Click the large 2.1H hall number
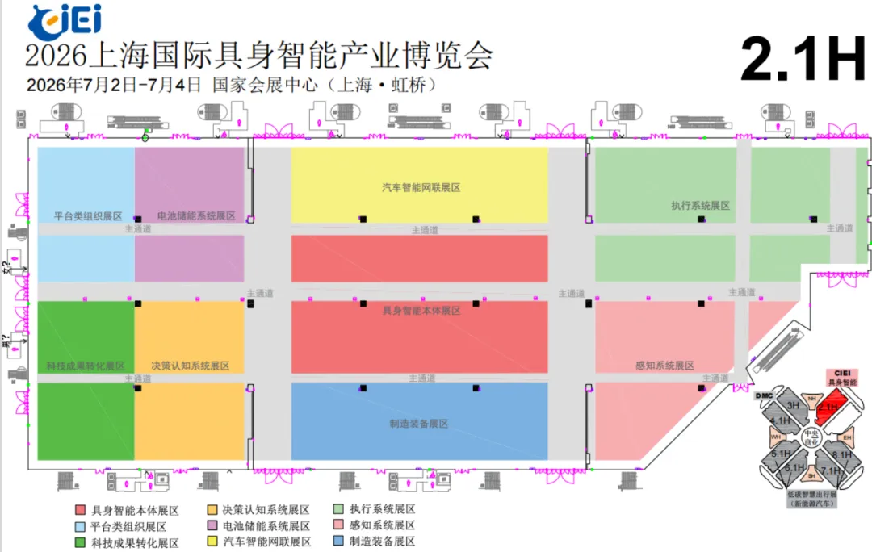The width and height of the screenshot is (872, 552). point(802,60)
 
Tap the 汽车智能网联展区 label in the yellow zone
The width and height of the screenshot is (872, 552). point(421,188)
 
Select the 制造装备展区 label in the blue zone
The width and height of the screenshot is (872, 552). point(418,424)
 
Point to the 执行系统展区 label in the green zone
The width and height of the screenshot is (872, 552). point(700,206)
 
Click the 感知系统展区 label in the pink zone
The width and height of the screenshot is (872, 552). point(664,366)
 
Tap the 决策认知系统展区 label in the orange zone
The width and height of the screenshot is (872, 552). point(191,366)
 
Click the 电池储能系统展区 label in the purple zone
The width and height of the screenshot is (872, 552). point(196,216)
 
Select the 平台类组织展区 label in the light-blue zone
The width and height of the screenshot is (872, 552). point(88,216)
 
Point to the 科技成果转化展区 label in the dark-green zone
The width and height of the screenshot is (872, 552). point(86,366)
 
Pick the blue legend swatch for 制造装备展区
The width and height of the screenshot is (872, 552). point(339,542)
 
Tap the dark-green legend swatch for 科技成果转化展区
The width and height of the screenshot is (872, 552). point(80,542)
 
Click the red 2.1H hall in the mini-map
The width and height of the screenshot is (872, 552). point(828,408)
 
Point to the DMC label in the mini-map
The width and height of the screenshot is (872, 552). point(765,395)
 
